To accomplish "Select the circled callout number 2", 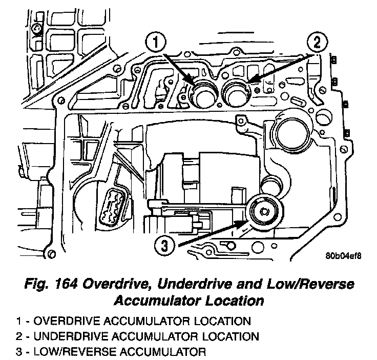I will tap(316, 42).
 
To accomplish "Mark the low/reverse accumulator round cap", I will tap(265, 211).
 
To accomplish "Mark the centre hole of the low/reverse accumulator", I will tap(265, 210).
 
